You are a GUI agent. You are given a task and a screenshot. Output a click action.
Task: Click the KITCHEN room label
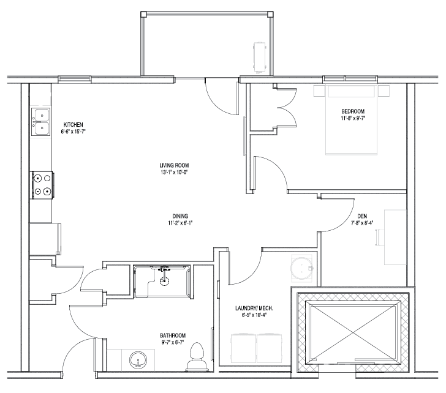pos(73,125)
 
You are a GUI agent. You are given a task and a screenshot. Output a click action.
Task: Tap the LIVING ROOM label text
pos(174,165)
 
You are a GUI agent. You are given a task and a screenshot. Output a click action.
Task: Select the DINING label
pos(180,216)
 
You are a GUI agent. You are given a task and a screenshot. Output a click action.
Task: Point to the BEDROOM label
pos(353,111)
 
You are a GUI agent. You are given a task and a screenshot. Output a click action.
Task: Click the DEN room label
pos(362,216)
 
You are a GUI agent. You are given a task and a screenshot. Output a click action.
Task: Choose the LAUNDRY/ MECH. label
pos(254,309)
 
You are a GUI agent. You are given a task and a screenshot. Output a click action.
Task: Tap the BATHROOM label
pos(173,335)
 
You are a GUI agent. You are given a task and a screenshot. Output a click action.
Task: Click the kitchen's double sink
pos(40,122)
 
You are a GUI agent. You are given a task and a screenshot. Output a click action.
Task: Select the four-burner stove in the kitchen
pos(42,185)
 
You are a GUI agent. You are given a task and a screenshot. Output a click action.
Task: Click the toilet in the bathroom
pos(197,357)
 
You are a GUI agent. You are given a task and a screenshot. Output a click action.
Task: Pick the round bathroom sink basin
pos(138,361)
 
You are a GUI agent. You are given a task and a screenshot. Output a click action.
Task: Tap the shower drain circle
pos(164,282)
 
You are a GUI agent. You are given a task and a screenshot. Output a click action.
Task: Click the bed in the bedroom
pos(351,119)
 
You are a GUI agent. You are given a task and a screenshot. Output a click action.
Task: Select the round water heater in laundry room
pos(301,268)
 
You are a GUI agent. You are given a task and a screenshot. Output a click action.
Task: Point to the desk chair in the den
pos(379,238)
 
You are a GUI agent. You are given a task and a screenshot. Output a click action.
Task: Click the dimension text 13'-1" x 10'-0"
pos(175,172)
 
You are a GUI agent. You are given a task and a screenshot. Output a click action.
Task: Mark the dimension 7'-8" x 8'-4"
pos(362,223)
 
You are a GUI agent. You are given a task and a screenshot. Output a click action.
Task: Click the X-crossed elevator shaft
pos(353,332)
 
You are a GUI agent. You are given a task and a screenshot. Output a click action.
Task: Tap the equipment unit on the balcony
pos(260,58)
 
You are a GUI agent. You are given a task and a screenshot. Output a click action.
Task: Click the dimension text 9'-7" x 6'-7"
pos(173,342)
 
